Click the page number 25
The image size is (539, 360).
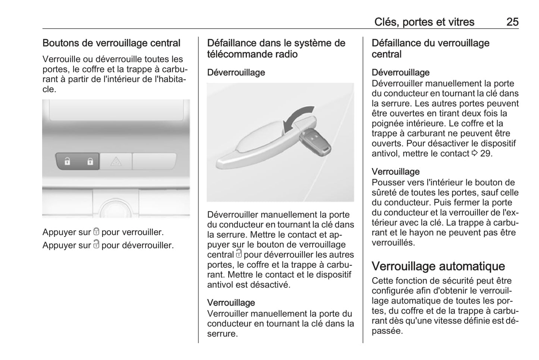pyautogui.click(x=512, y=22)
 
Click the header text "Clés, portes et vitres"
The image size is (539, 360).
pyautogui.click(x=424, y=22)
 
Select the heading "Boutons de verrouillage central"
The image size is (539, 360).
pyautogui.click(x=111, y=43)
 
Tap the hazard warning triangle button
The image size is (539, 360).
pyautogui.click(x=116, y=162)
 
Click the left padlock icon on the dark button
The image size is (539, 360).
pyautogui.click(x=67, y=162)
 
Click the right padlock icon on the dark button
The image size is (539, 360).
pyautogui.click(x=90, y=162)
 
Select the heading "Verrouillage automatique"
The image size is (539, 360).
pyautogui.click(x=438, y=266)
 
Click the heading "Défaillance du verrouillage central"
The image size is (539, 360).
pyautogui.click(x=430, y=48)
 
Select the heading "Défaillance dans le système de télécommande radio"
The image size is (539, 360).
pyautogui.click(x=276, y=48)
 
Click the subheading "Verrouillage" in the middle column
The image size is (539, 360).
pyautogui.click(x=231, y=303)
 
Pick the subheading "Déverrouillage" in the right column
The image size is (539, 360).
pyautogui.click(x=401, y=72)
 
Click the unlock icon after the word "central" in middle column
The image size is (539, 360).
pyautogui.click(x=239, y=254)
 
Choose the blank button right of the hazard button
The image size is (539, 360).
pyautogui.click(x=154, y=161)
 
